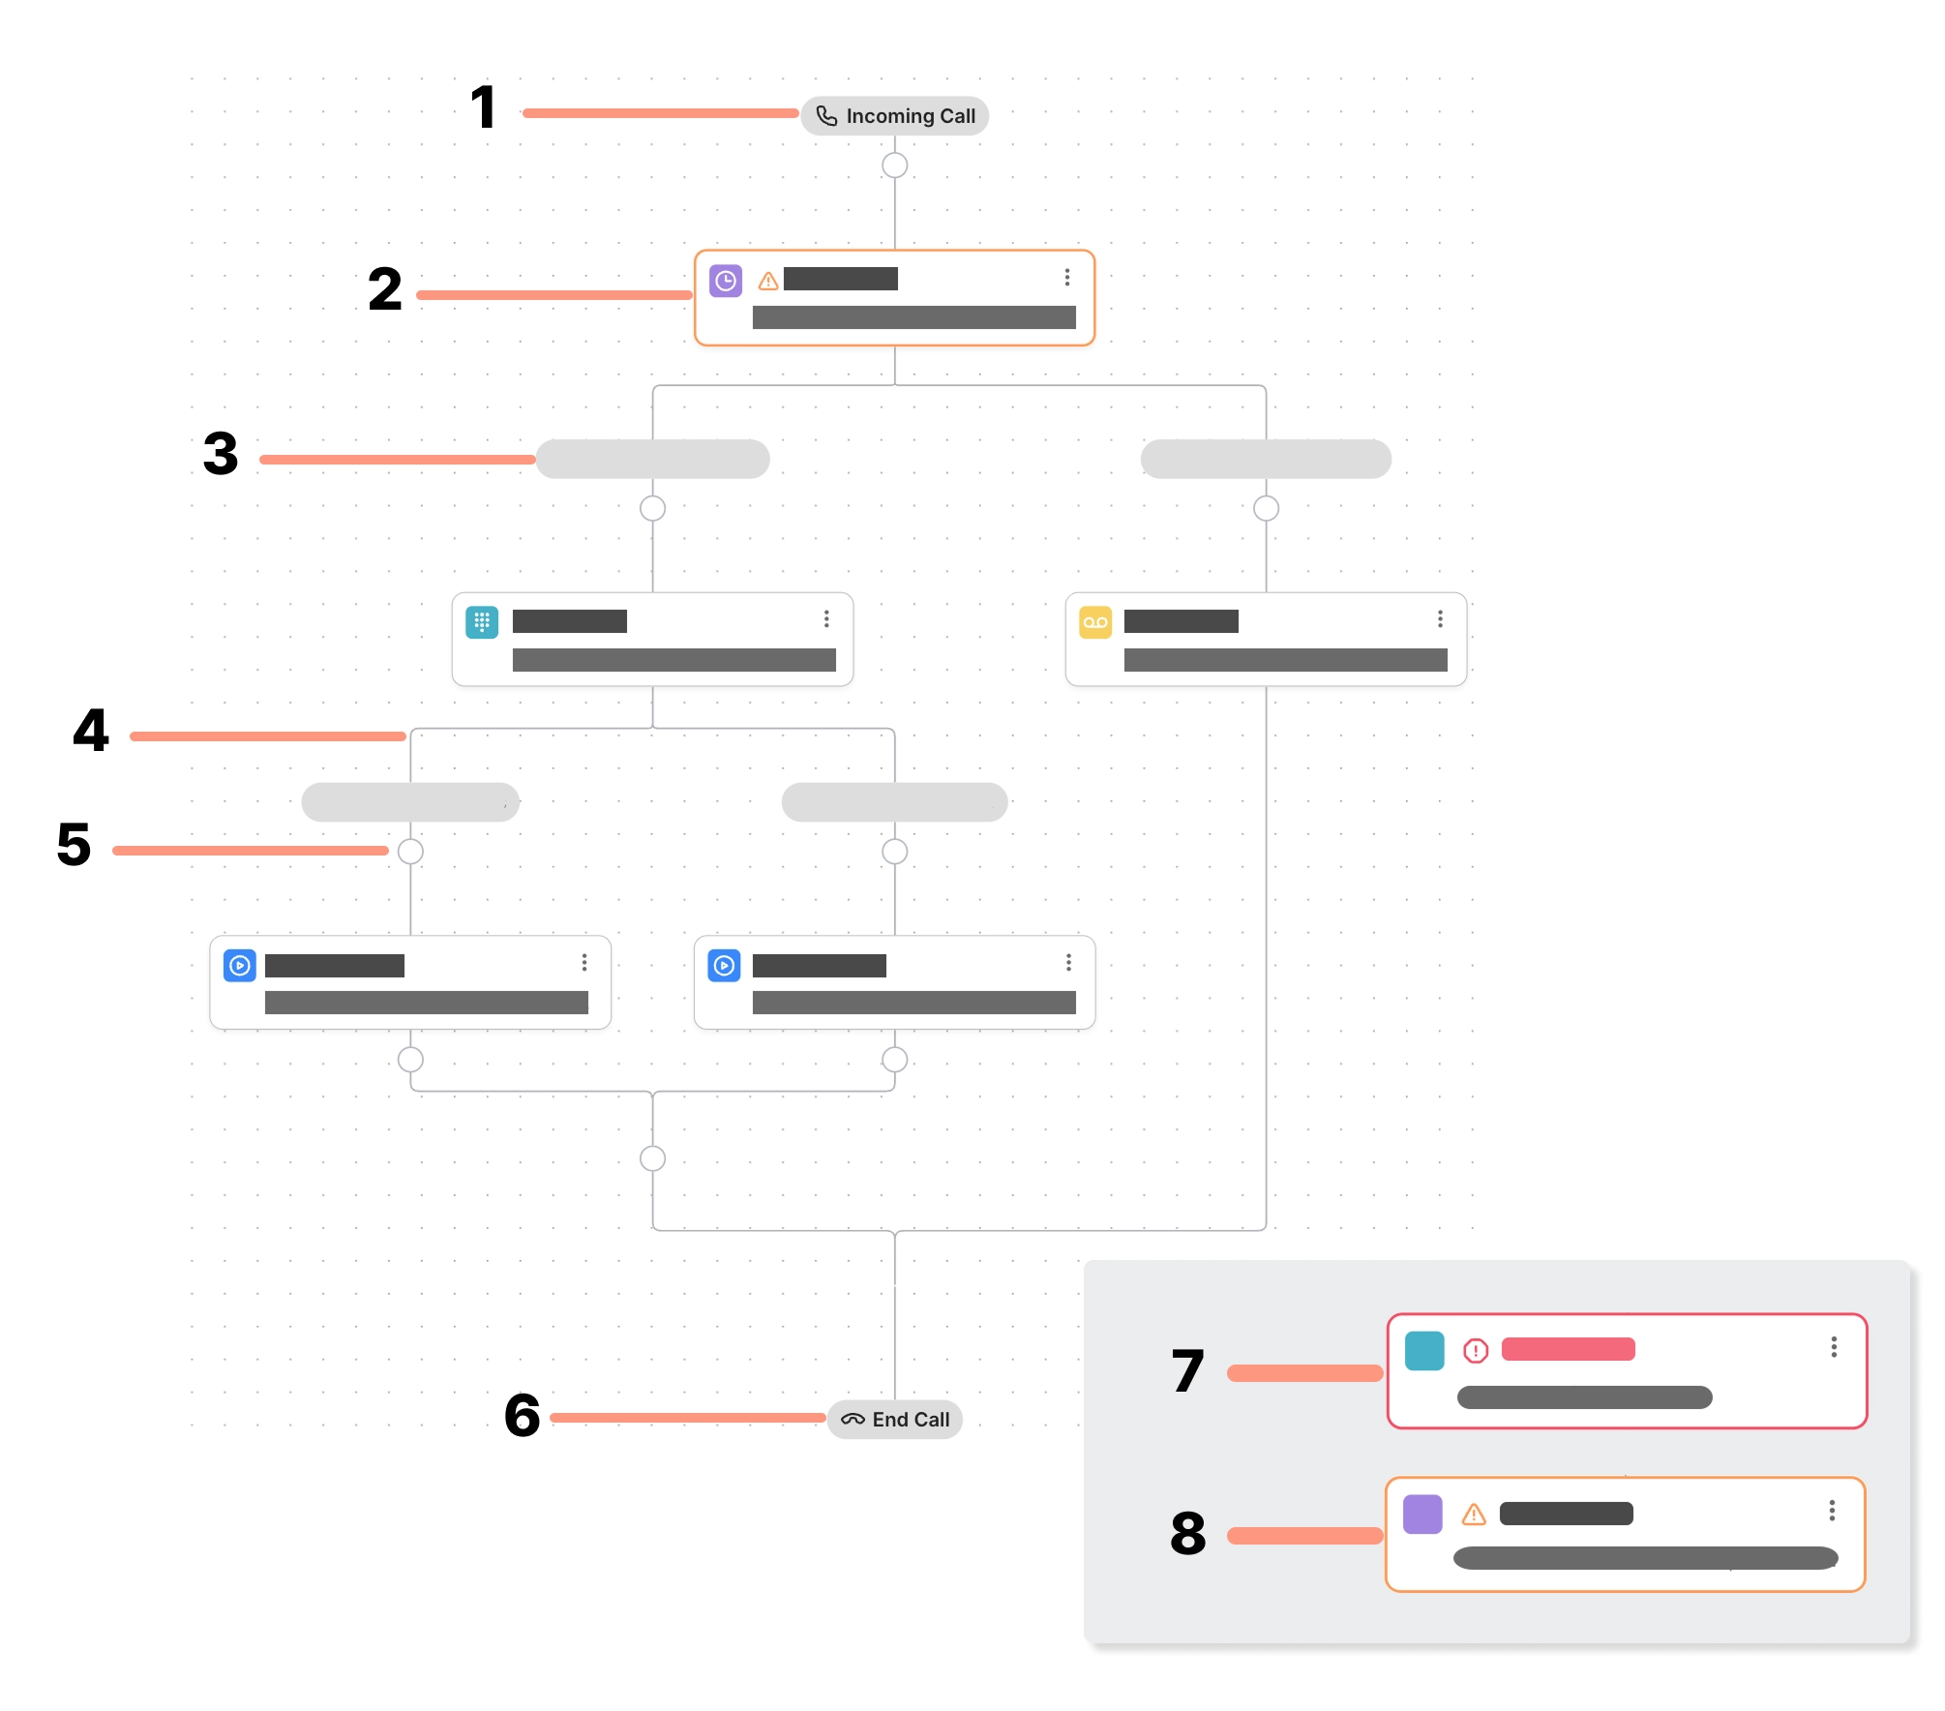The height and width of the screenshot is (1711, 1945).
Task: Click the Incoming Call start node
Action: (894, 116)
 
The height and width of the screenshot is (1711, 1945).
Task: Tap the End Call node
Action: (894, 1420)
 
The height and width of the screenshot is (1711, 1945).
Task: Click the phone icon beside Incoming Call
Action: (826, 116)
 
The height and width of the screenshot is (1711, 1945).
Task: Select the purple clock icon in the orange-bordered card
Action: (726, 281)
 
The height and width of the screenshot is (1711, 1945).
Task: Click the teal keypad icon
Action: (482, 622)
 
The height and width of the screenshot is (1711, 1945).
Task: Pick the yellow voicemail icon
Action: (1095, 622)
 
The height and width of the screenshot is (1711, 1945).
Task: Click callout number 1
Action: (483, 107)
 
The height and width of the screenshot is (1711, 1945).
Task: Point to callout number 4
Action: (91, 731)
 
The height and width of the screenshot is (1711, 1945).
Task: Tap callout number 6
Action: (523, 1416)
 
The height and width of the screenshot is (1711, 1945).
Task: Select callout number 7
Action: (1188, 1371)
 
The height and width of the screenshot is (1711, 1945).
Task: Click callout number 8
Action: (1188, 1534)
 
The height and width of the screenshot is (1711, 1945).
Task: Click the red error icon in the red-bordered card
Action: (1476, 1350)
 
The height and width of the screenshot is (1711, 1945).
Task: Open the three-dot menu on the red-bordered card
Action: (1834, 1347)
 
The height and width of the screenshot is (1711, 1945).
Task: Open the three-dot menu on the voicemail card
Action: (1440, 619)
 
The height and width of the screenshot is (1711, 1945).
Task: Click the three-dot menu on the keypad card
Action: (826, 619)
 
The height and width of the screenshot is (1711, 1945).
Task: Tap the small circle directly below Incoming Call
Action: (894, 165)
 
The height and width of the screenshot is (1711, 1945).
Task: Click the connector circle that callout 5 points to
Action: (410, 852)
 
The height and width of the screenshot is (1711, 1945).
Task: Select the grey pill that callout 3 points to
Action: (653, 459)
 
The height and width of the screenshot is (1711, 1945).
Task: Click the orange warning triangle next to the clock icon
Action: (768, 282)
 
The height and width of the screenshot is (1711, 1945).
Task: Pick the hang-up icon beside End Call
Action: (853, 1420)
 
